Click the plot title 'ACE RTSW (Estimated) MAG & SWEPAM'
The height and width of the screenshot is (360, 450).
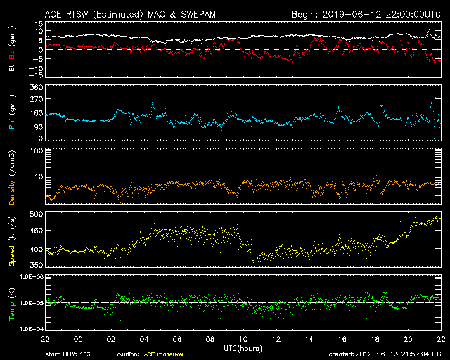point(130,14)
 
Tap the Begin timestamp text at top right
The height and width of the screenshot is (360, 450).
point(366,14)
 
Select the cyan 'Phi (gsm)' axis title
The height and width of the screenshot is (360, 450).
point(12,112)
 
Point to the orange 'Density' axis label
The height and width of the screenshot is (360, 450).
point(12,193)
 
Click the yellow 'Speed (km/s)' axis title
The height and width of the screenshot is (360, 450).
point(12,240)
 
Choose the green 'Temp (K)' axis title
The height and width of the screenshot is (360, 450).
point(12,304)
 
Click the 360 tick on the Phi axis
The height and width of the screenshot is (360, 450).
point(37,87)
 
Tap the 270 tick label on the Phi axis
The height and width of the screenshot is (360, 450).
point(37,99)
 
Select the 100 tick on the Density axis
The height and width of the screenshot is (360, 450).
point(37,150)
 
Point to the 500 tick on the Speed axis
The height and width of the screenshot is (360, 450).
point(37,214)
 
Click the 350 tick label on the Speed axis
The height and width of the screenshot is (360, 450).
point(37,264)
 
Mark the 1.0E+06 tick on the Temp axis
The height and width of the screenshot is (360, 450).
point(31,277)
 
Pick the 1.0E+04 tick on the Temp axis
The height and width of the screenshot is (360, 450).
point(31,328)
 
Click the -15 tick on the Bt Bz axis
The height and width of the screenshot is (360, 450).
point(36,75)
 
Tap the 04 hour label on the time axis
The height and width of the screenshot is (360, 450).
point(144,340)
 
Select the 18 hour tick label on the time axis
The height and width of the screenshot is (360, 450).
point(375,340)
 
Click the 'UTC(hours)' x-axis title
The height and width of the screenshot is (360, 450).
point(243,349)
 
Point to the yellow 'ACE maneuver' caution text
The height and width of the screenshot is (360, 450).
point(164,354)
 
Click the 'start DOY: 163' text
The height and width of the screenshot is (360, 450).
point(68,354)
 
